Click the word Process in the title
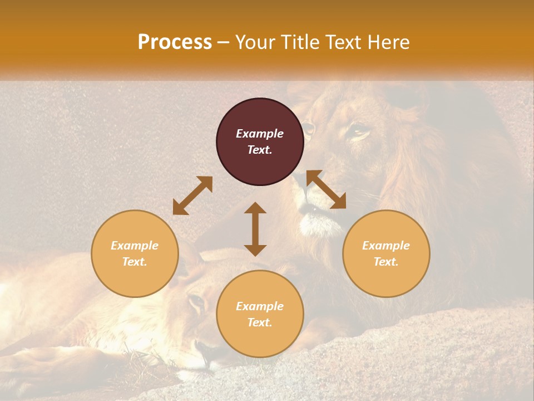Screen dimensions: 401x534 [x=175, y=42]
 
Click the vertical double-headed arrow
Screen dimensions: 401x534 [x=255, y=229]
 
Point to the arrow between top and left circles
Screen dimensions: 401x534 [x=192, y=195]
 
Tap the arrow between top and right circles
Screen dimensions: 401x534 [x=327, y=189]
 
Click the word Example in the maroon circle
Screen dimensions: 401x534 [x=260, y=134]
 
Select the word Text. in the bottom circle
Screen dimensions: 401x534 [x=260, y=322]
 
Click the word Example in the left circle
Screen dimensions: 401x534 [x=135, y=246]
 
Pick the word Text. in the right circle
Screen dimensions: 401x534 [x=386, y=262]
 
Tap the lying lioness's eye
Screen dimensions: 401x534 [x=196, y=302]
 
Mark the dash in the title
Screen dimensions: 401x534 [x=224, y=43]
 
